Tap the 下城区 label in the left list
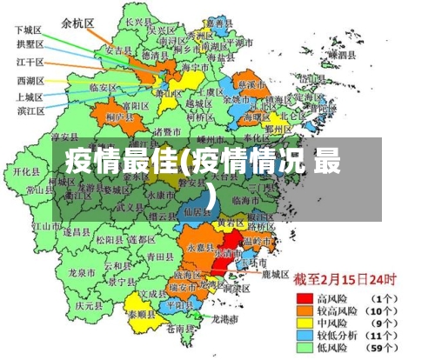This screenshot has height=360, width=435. pyautogui.click(x=29, y=30)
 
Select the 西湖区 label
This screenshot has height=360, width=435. pyautogui.click(x=30, y=80)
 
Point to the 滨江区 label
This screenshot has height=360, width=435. pyautogui.click(x=30, y=110)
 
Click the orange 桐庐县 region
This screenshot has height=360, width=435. pyautogui.click(x=118, y=117)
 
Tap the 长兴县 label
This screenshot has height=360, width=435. pyautogui.click(x=138, y=21)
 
